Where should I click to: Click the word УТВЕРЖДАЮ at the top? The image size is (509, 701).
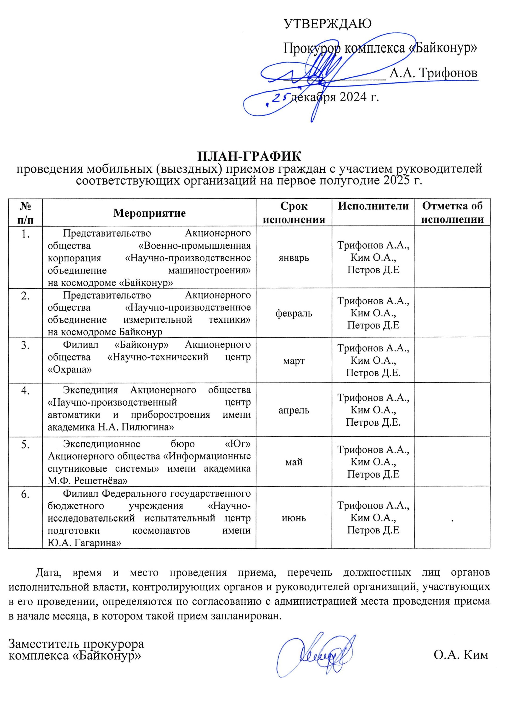click(x=328, y=24)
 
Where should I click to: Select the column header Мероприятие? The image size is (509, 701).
click(x=149, y=213)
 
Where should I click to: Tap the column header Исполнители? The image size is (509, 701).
click(x=373, y=206)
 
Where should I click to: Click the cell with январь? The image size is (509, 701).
click(x=294, y=258)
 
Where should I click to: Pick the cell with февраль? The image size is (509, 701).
click(x=294, y=313)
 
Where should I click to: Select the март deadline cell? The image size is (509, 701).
click(x=294, y=361)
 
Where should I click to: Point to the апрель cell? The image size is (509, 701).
click(x=294, y=410)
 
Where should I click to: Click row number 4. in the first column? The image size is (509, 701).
click(x=25, y=391)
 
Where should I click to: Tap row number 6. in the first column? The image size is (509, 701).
click(x=25, y=495)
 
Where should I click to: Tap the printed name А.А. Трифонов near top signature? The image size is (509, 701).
click(x=433, y=73)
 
